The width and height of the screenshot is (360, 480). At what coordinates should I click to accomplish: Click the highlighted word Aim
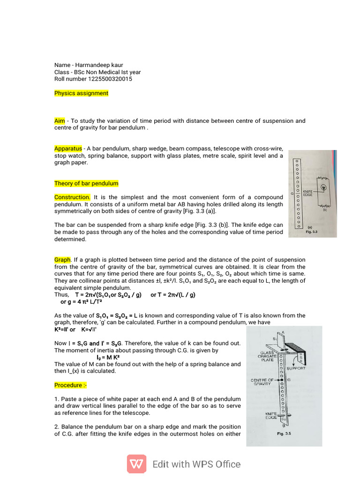coord(60,121)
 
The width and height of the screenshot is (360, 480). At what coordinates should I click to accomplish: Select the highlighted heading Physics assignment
coord(81,93)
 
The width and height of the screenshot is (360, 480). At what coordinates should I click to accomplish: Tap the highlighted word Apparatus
coord(68,149)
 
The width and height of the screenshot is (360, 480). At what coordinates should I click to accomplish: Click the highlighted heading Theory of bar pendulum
coord(86,183)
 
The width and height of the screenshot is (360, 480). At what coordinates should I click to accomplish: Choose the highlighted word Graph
coord(62,260)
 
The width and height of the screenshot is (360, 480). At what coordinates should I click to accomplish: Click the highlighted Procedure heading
coord(70,385)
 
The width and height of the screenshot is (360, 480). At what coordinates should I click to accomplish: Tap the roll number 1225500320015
coord(110,79)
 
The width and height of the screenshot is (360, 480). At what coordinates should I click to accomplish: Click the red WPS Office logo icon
coord(136,464)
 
